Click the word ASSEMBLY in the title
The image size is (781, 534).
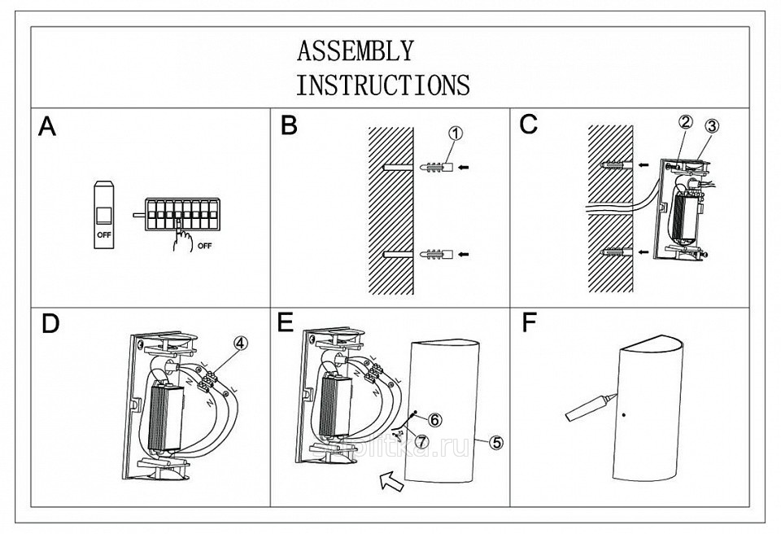[355, 51]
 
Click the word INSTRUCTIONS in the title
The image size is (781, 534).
[382, 84]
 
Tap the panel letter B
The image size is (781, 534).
[290, 126]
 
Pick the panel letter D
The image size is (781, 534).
[50, 324]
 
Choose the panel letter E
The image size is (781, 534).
[285, 322]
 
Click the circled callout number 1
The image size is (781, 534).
[455, 133]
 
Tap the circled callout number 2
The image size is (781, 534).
[685, 123]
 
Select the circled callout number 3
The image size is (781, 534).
[712, 126]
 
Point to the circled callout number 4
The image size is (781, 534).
[239, 344]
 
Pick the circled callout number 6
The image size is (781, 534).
[434, 419]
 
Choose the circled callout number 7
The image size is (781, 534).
[421, 440]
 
